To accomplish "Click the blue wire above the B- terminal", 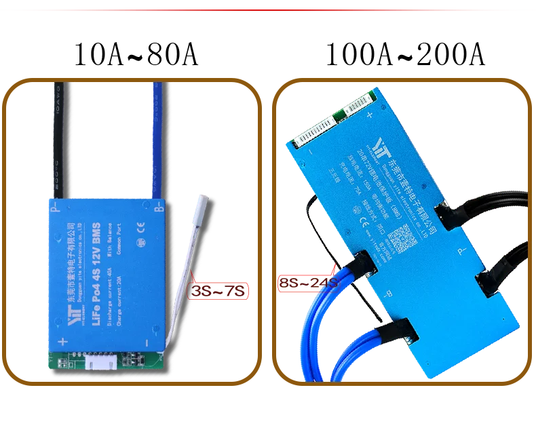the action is click(157, 136).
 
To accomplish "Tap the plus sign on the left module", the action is click(62, 342).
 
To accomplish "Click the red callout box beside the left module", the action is click(216, 292).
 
